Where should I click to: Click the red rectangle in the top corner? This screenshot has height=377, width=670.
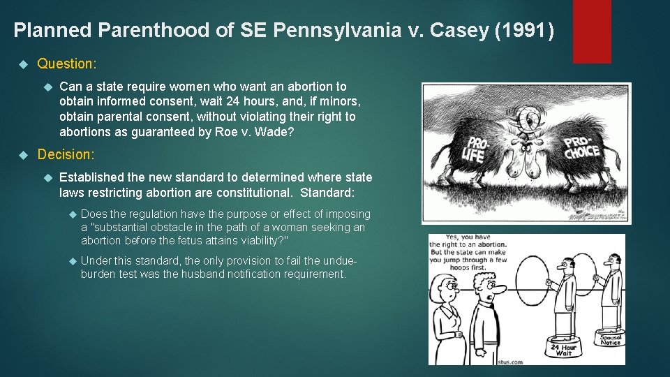pyautogui.click(x=591, y=31)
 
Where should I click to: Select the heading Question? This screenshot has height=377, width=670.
pyautogui.click(x=67, y=64)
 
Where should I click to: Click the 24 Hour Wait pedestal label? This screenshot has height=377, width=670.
pyautogui.click(x=563, y=350)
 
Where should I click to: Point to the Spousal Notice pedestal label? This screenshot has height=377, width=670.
pyautogui.click(x=611, y=340)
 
